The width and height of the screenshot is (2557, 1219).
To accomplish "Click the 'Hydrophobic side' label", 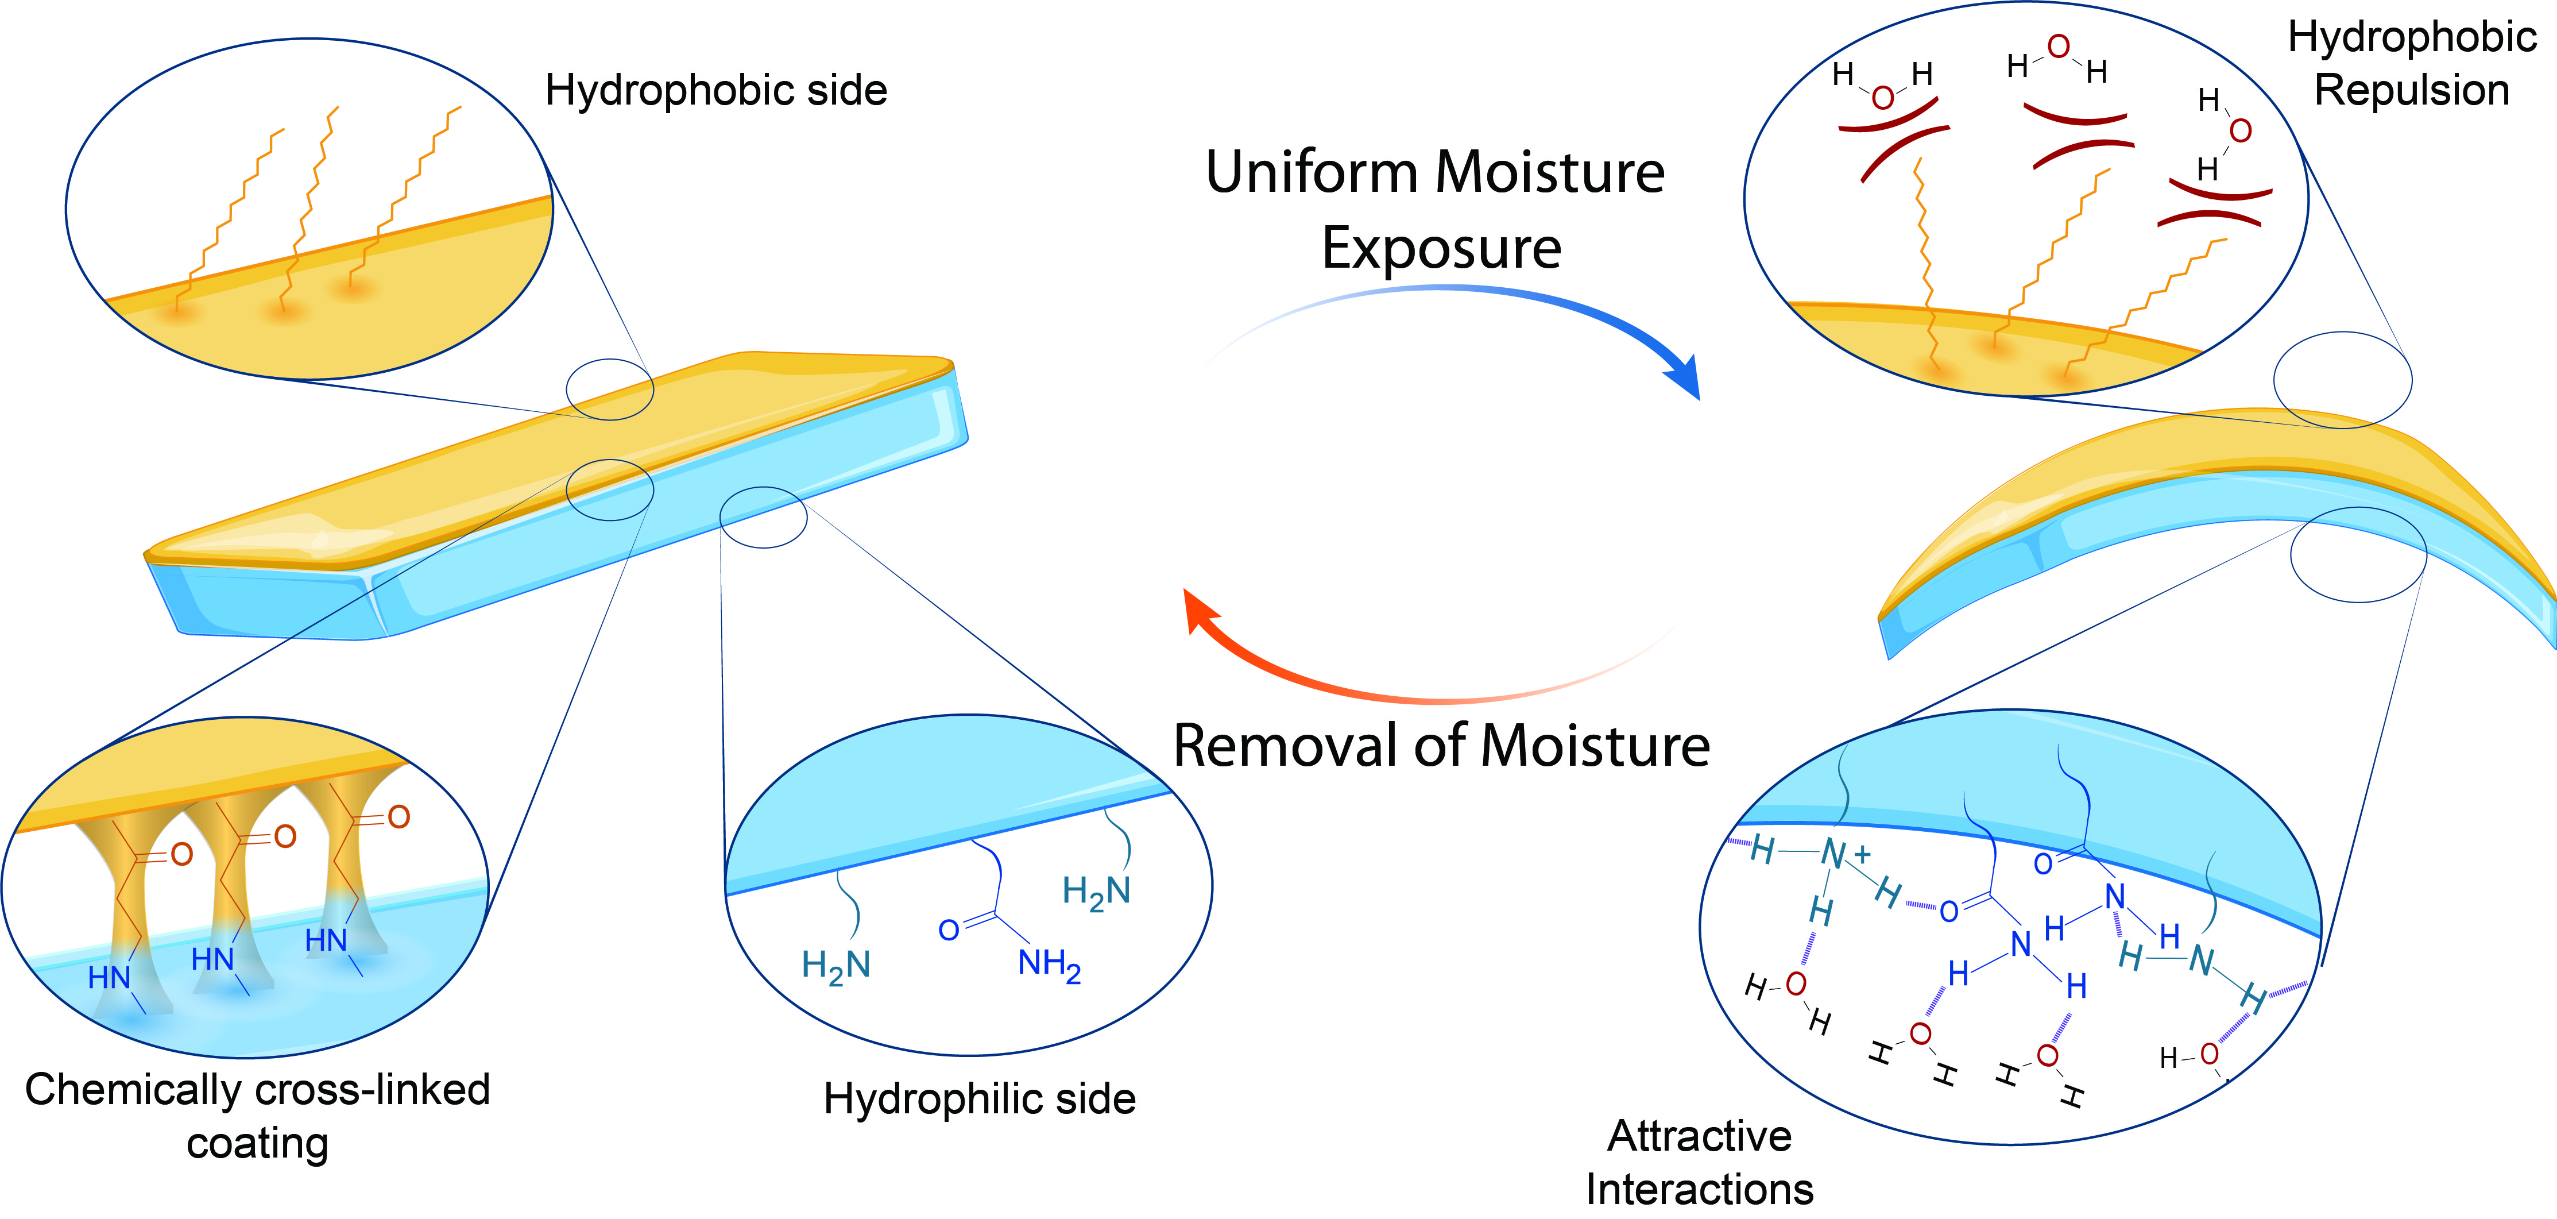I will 715,90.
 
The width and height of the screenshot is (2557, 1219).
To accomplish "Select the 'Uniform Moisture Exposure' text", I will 1436,210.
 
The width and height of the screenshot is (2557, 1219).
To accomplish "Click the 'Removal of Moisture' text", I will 1441,746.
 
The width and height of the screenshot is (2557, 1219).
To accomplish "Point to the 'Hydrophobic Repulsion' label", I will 2412,64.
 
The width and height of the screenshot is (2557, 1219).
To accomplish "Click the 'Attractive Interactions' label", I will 1699,1162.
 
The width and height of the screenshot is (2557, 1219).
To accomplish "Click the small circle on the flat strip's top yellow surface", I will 609,389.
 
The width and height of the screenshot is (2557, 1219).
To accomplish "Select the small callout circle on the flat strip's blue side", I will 763,516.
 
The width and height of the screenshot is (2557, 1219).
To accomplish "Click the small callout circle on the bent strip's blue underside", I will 2358,554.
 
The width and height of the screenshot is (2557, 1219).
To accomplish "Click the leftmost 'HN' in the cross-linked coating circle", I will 109,978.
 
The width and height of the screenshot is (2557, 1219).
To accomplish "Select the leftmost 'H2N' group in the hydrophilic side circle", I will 836,966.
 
